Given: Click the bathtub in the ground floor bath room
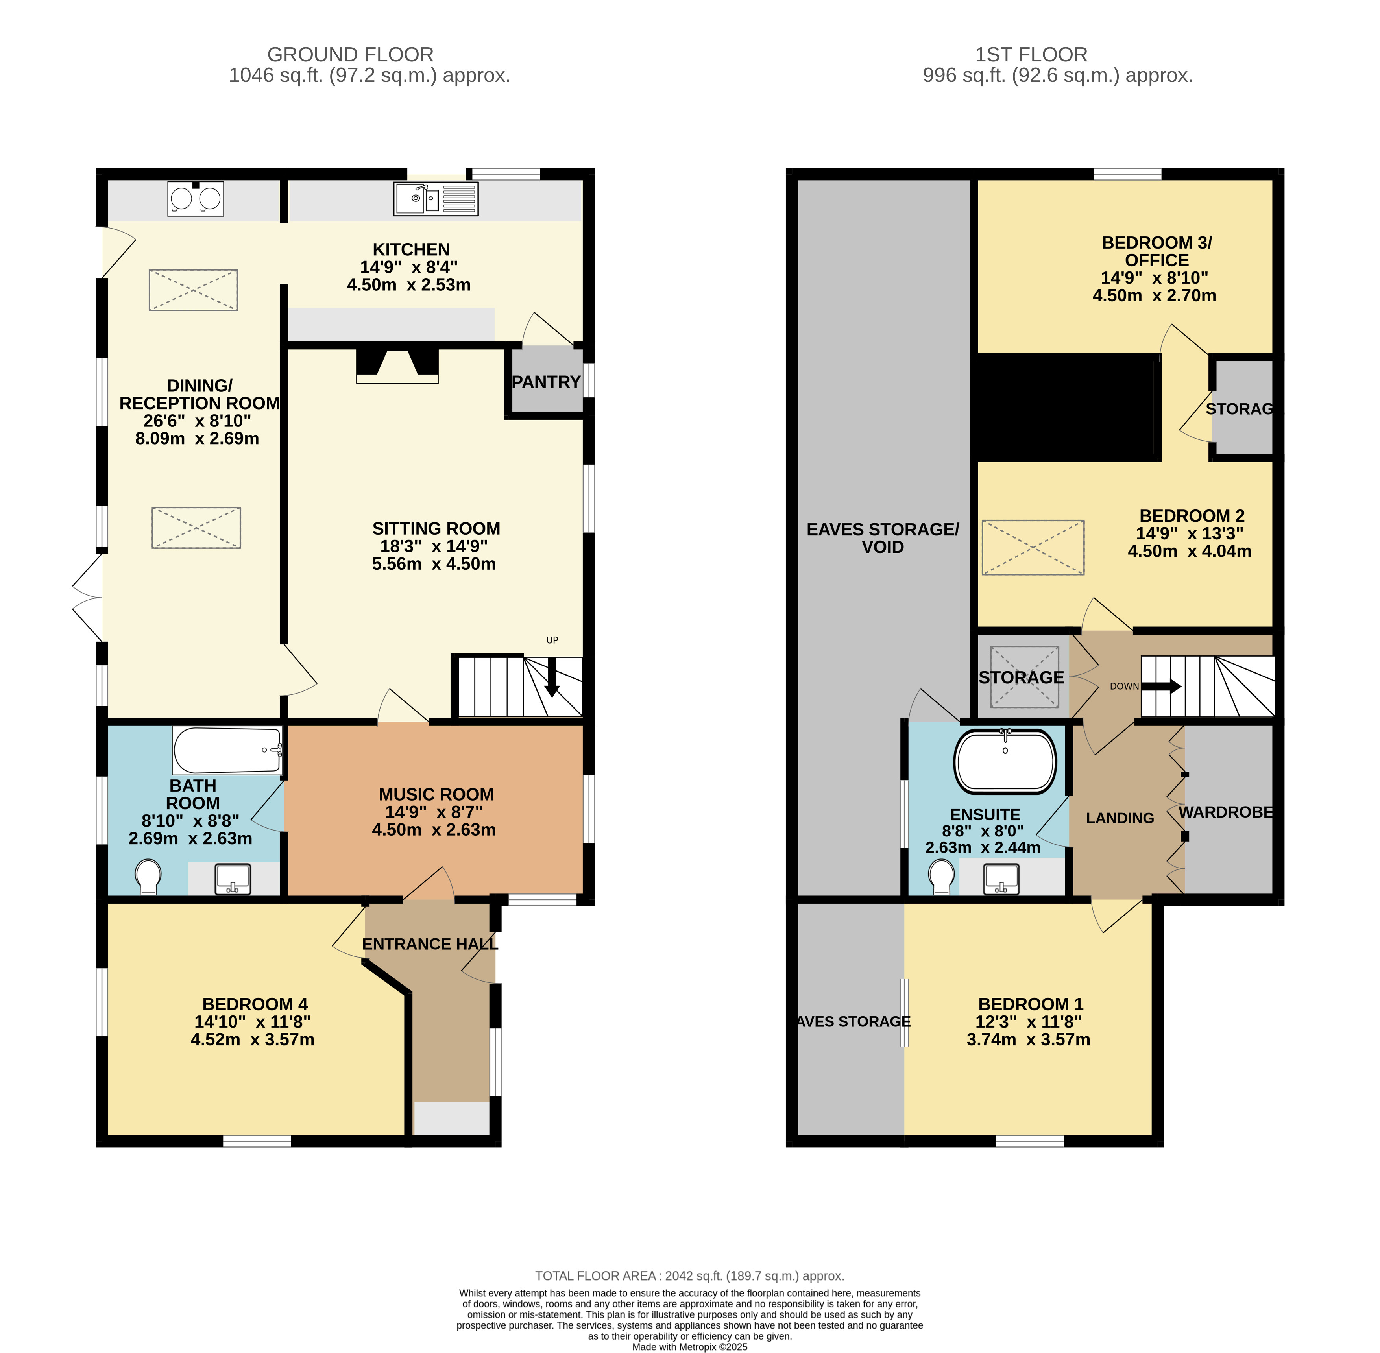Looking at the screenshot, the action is point(227,750).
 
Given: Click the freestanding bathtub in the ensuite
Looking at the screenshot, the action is point(1005,761).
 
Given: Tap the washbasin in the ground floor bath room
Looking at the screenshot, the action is point(233,879).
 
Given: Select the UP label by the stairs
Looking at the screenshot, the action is point(552,640).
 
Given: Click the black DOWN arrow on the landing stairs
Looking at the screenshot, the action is point(1161,687).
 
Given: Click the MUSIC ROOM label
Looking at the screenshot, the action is point(436,794).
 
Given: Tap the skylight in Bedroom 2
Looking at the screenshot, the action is point(1033,547).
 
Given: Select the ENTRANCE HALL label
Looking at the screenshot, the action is point(430,944).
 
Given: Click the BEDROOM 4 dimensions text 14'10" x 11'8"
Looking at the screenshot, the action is point(253,1022).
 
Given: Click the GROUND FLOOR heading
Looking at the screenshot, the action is point(350,55).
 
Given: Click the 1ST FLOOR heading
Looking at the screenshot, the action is point(1031,55).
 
